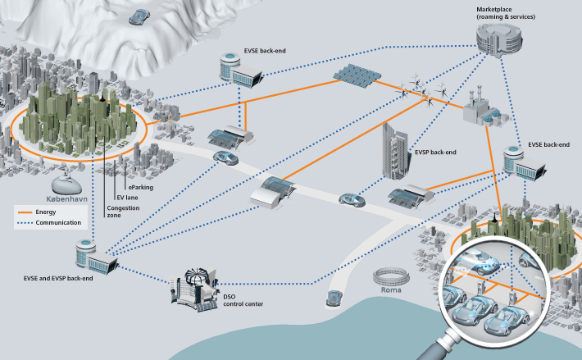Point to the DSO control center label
(x=243, y=300)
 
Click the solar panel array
(x=354, y=74)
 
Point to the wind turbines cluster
(x=423, y=87)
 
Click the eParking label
(x=139, y=187)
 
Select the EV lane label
(x=129, y=198)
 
